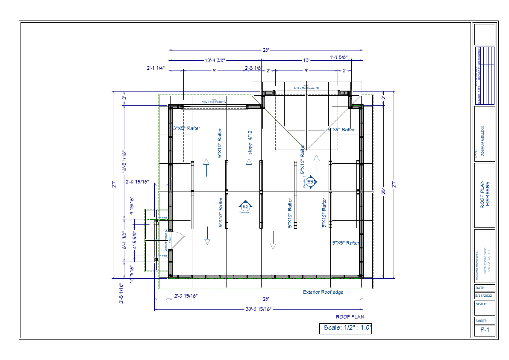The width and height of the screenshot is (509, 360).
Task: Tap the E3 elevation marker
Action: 311,182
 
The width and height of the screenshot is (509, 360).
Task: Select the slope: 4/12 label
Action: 250,142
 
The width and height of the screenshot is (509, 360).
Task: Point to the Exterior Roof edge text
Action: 323,292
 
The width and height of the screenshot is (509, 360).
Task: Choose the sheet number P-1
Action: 485,330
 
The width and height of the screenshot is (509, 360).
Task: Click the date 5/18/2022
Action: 484,295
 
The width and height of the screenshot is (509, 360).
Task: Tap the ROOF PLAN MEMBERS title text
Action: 485,195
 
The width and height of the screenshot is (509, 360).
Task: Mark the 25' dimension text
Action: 384,191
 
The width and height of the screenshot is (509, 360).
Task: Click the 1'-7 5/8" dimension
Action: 338,57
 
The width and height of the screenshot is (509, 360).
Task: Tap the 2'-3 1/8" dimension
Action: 253,68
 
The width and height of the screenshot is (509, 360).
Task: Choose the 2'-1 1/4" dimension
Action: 156,68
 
